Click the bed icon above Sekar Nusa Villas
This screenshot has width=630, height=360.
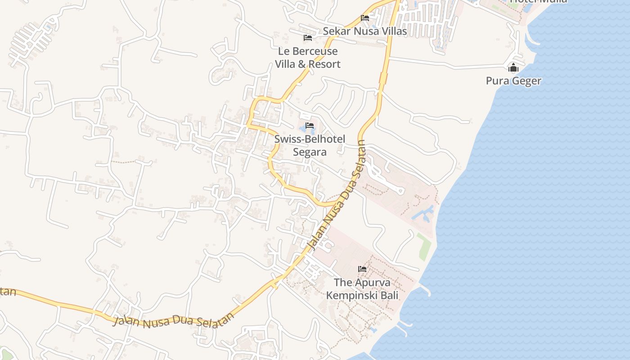[x=365, y=18]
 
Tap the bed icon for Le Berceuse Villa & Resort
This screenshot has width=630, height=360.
[x=308, y=38]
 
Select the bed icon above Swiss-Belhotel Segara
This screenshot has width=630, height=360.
[x=310, y=126]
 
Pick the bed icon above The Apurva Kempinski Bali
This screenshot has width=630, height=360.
[x=362, y=269]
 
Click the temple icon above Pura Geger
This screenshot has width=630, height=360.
[x=513, y=68]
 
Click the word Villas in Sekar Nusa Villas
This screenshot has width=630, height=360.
[x=393, y=31]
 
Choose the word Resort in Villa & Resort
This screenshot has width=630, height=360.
[x=324, y=64]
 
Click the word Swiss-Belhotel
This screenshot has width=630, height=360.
[x=310, y=139]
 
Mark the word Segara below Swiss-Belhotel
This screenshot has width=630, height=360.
[x=310, y=152]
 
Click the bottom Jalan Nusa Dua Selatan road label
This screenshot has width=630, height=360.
[x=174, y=321]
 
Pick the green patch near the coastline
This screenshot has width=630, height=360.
[x=424, y=246]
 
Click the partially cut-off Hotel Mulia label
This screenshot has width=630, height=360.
[x=538, y=1]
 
